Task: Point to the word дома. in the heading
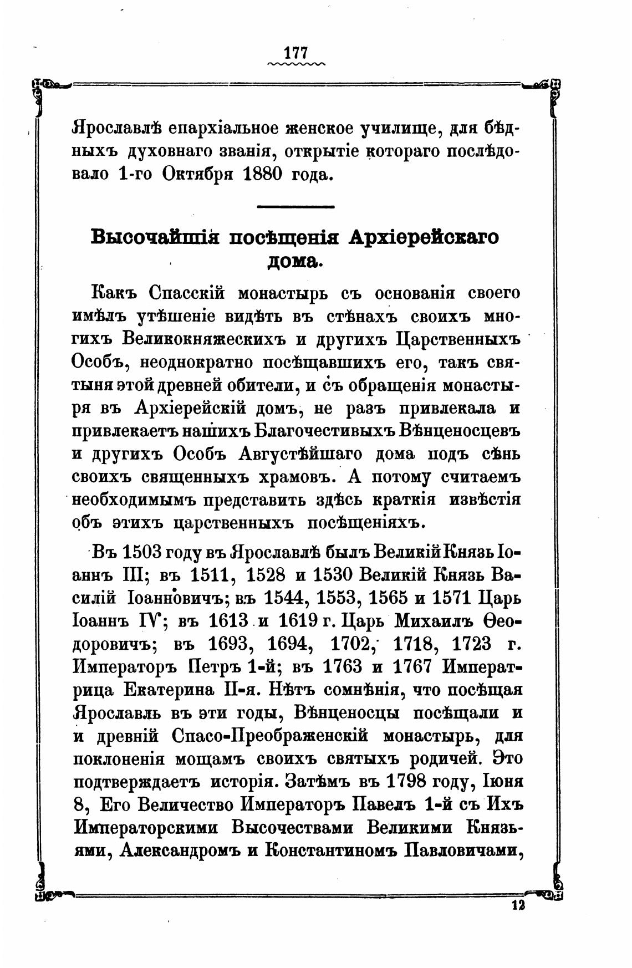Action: [x=295, y=261]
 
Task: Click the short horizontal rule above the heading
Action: [x=296, y=207]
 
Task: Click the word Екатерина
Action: [x=174, y=690]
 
